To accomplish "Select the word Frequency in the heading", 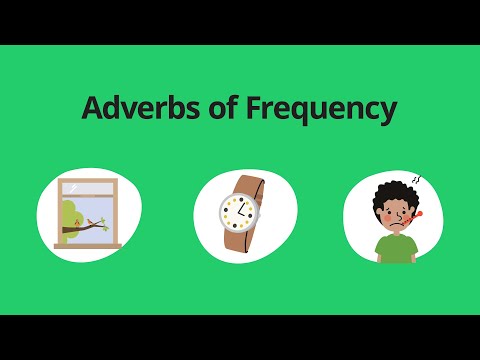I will [321, 110].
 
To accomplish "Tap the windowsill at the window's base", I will [87, 245].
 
